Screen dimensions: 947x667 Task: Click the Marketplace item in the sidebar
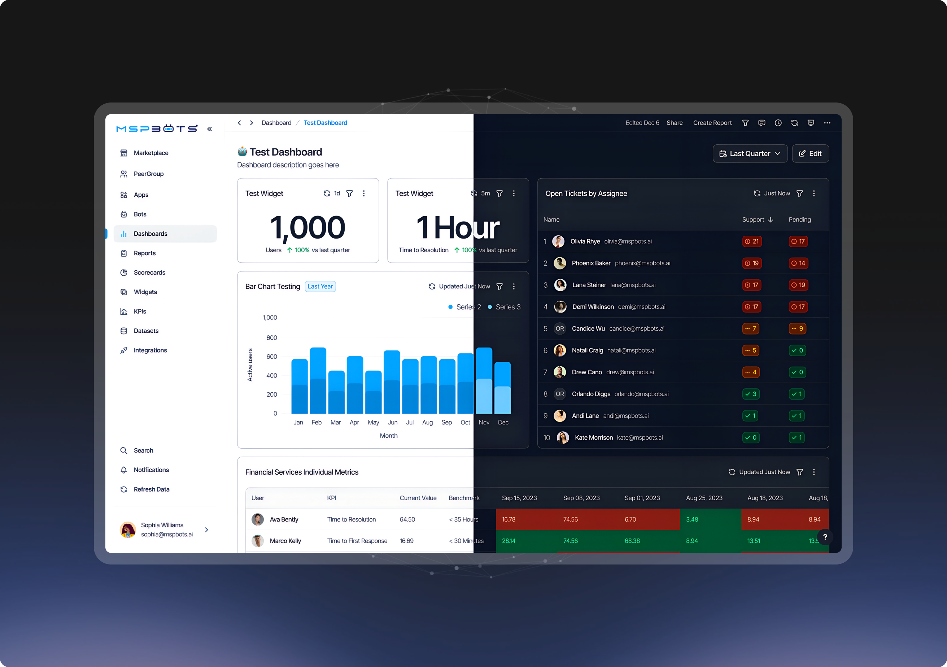pos(144,153)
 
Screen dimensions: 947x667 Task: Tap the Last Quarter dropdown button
pos(750,153)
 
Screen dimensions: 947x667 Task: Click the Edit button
pos(810,153)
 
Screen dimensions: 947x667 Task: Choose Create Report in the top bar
pos(712,123)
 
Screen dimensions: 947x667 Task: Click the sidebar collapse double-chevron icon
pos(210,129)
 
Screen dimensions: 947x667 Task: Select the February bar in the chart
pos(318,380)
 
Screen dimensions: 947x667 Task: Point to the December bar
pos(502,388)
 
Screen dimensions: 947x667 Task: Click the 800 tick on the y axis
pos(271,337)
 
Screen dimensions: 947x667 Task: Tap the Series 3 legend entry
pos(504,307)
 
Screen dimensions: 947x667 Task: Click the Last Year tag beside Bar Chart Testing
pos(320,286)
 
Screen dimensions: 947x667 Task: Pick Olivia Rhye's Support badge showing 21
pos(751,241)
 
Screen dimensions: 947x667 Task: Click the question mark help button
pos(825,537)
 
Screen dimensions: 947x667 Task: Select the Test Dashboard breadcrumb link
pos(326,123)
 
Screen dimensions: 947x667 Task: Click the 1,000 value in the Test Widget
pos(308,227)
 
